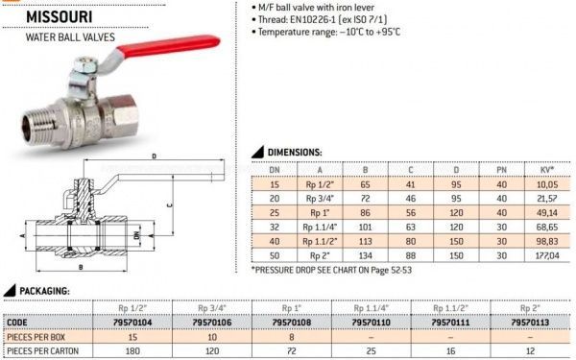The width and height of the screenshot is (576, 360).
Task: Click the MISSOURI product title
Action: [x=60, y=17]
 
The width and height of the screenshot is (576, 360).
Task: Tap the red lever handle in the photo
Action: [x=168, y=46]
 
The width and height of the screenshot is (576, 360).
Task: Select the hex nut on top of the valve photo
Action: [x=84, y=65]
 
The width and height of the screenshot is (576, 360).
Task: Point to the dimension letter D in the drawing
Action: [x=155, y=156]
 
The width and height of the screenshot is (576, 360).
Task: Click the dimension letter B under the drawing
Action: [x=81, y=268]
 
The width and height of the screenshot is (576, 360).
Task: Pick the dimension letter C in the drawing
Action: [x=170, y=205]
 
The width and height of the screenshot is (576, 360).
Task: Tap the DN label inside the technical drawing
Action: [x=137, y=235]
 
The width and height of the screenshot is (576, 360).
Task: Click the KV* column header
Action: [x=546, y=170]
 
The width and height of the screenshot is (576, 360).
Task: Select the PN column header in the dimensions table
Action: [x=501, y=170]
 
